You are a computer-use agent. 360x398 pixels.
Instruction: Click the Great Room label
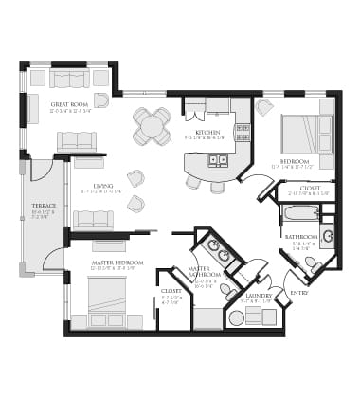pyautogui.click(x=70, y=104)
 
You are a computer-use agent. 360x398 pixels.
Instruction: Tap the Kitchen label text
pyautogui.click(x=207, y=132)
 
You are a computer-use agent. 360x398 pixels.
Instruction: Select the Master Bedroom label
pyautogui.click(x=117, y=262)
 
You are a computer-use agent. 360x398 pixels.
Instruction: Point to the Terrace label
pyautogui.click(x=44, y=206)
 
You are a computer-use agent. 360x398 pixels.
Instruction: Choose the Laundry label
pyautogui.click(x=259, y=295)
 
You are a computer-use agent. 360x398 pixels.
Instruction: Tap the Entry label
pyautogui.click(x=298, y=293)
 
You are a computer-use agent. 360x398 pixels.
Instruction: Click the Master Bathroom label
pyautogui.click(x=205, y=273)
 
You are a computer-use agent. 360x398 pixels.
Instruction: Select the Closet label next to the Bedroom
pyautogui.click(x=310, y=188)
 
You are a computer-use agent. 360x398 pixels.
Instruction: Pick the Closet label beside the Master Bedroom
pyautogui.click(x=171, y=291)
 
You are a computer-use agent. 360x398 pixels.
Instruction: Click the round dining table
pyautogui.click(x=152, y=125)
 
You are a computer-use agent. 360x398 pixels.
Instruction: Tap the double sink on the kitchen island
pyautogui.click(x=216, y=160)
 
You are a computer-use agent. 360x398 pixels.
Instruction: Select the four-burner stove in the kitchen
pyautogui.click(x=243, y=132)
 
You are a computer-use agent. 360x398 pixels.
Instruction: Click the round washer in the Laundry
pyautogui.click(x=236, y=317)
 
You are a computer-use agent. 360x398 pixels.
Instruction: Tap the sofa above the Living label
pyautogui.click(x=76, y=141)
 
